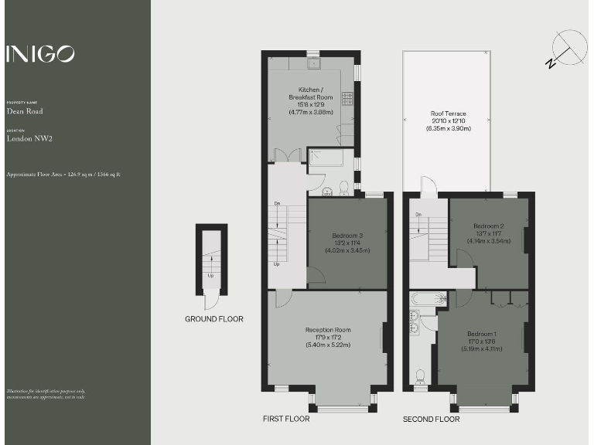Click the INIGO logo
40,53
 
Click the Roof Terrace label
448,121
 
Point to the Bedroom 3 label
347,243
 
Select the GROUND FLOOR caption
213,319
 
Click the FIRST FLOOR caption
286,420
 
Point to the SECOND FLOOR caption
431,420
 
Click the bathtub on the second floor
428,298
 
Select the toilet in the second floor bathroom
421,377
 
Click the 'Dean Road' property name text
25,111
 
